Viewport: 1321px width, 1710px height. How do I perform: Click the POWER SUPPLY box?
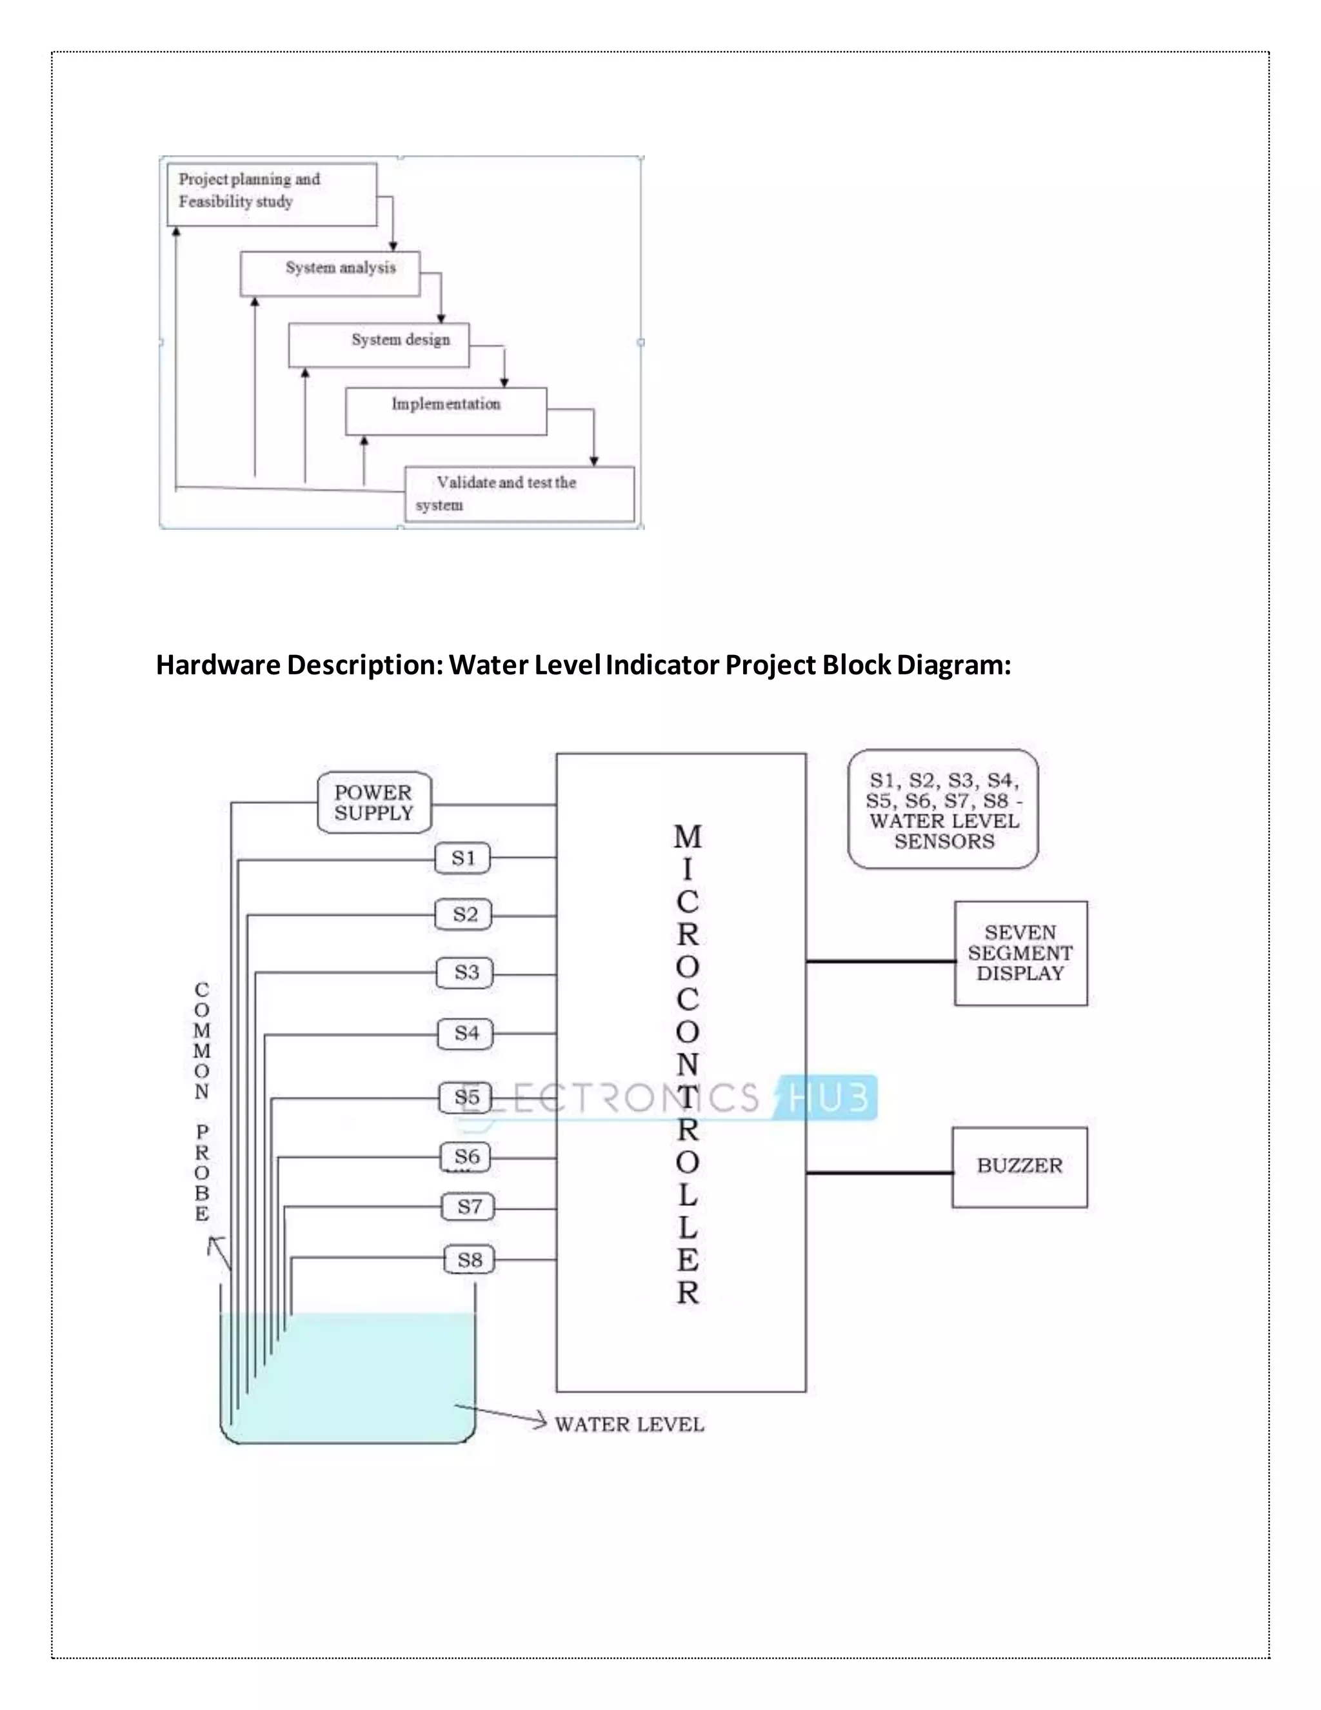(374, 803)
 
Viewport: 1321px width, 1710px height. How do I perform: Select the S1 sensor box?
(462, 858)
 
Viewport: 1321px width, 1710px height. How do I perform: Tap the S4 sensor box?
(466, 1034)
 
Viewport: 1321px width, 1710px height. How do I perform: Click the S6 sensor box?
(466, 1156)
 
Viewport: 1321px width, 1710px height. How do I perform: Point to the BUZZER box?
(1019, 1167)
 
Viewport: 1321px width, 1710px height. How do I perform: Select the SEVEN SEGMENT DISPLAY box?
(1020, 953)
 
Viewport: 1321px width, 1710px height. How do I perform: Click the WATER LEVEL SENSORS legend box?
(943, 810)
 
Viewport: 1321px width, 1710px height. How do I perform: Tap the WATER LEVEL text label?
(629, 1424)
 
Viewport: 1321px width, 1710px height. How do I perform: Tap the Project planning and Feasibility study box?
(272, 194)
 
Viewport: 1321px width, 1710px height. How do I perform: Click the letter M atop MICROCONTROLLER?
(687, 837)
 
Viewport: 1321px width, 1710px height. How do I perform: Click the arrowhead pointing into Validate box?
(594, 461)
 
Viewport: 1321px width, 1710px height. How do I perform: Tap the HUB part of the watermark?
(829, 1097)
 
